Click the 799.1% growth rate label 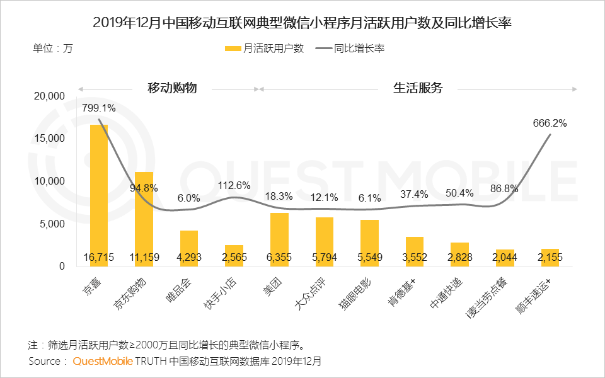pyautogui.click(x=99, y=108)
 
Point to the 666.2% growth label pyautogui.click(x=550, y=123)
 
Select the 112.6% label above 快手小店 pyautogui.click(x=234, y=185)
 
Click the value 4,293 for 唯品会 pyautogui.click(x=189, y=258)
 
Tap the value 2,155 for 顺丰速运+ pyautogui.click(x=550, y=258)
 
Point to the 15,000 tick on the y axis pyautogui.click(x=49, y=139)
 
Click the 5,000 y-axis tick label pyautogui.click(x=52, y=224)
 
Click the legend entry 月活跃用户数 pyautogui.click(x=266, y=49)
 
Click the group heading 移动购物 pyautogui.click(x=172, y=88)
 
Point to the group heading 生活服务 pyautogui.click(x=418, y=88)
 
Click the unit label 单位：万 pyautogui.click(x=53, y=49)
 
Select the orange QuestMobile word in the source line pyautogui.click(x=103, y=362)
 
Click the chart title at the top pyautogui.click(x=302, y=23)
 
